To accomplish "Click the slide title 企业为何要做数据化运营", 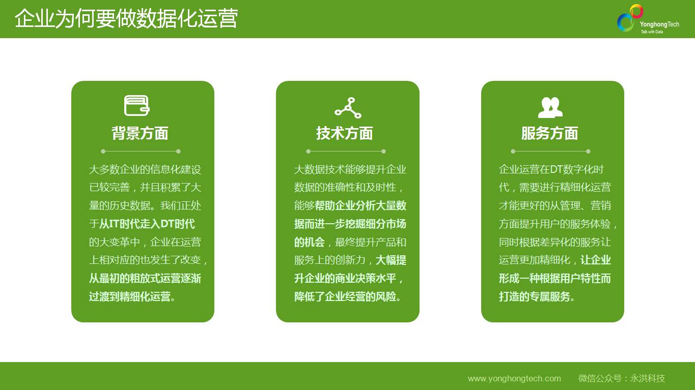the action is tap(126, 19).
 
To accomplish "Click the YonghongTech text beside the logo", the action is tap(659, 24).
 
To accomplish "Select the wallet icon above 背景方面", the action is tap(137, 106).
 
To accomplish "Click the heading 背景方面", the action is tap(140, 133).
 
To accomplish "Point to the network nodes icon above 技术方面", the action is tap(348, 108).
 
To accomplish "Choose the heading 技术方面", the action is tap(345, 133).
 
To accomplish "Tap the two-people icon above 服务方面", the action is tap(550, 107).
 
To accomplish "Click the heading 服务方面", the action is tap(549, 133).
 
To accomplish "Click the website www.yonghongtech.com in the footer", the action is tap(514, 378).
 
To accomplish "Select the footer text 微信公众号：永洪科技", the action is tap(622, 378).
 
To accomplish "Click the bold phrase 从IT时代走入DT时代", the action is tap(147, 224).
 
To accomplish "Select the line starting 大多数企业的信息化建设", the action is tap(145, 169).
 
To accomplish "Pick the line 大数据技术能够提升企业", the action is tap(350, 169).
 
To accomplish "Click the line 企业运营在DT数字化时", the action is tap(551, 169).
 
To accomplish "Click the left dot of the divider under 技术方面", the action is tap(308, 152).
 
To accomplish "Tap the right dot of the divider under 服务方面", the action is tap(588, 152).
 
